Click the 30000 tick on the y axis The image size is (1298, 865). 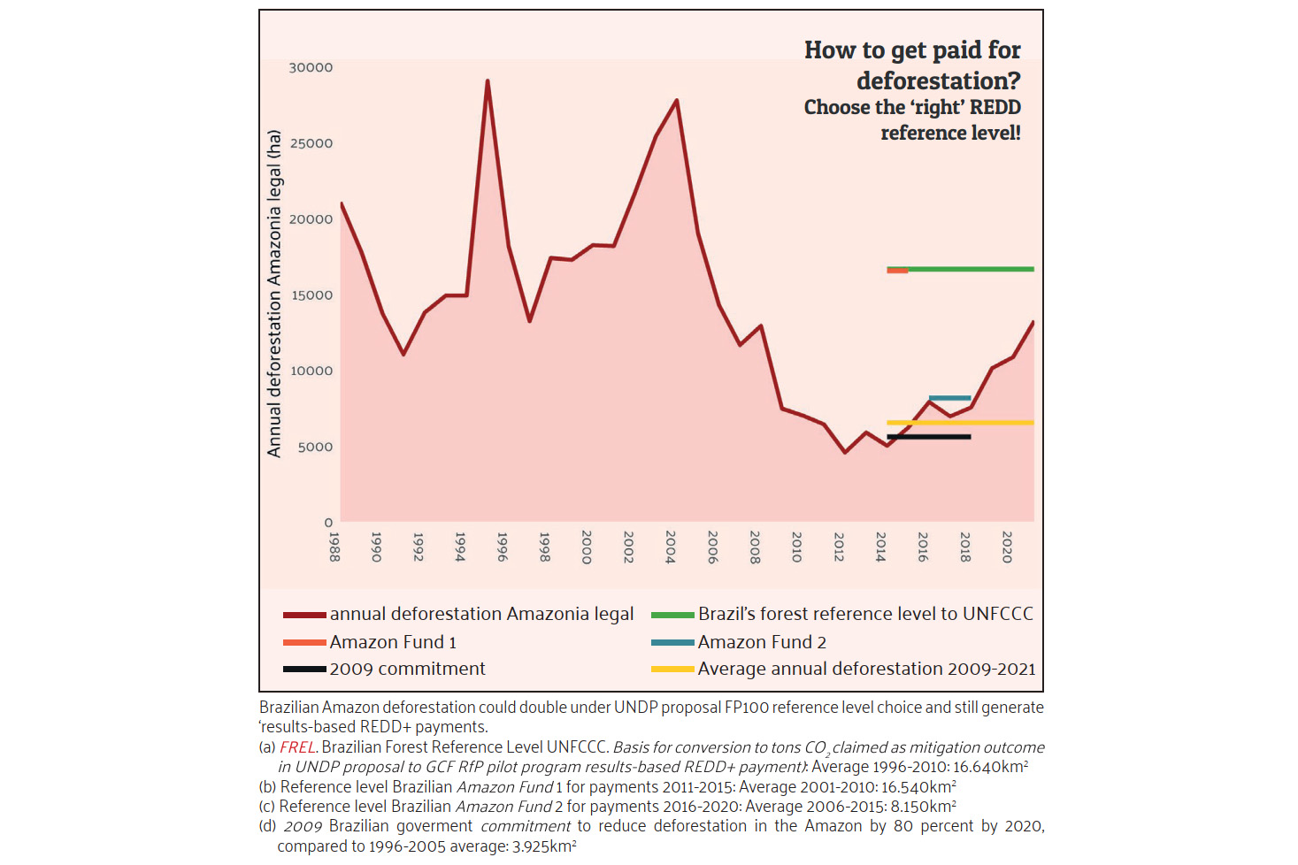[311, 67]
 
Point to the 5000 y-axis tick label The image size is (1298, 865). [315, 447]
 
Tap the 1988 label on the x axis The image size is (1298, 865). [334, 546]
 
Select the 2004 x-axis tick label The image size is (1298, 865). [671, 546]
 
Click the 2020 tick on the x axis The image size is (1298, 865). [1007, 546]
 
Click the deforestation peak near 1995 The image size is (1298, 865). [488, 81]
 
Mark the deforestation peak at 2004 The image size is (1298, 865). [677, 101]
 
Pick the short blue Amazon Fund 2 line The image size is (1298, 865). [949, 398]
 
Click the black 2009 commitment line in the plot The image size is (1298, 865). [928, 437]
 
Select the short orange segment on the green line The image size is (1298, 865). [897, 271]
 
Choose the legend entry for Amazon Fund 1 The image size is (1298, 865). [393, 642]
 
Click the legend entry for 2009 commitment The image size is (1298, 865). [407, 669]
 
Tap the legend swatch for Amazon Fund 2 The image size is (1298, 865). [672, 642]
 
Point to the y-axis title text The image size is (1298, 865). [274, 294]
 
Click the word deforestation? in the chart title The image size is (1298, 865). [938, 80]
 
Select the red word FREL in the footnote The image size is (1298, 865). [297, 747]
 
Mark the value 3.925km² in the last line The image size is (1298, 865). [544, 846]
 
